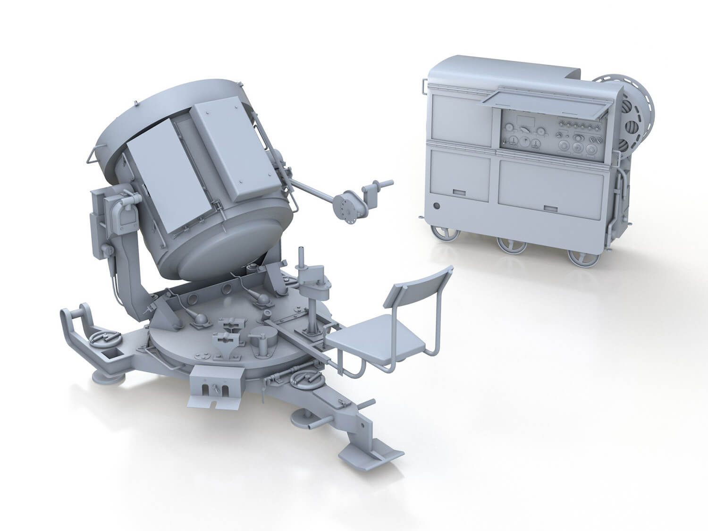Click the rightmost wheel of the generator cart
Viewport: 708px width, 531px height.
point(580,257)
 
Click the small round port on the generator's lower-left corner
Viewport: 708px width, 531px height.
point(437,206)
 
